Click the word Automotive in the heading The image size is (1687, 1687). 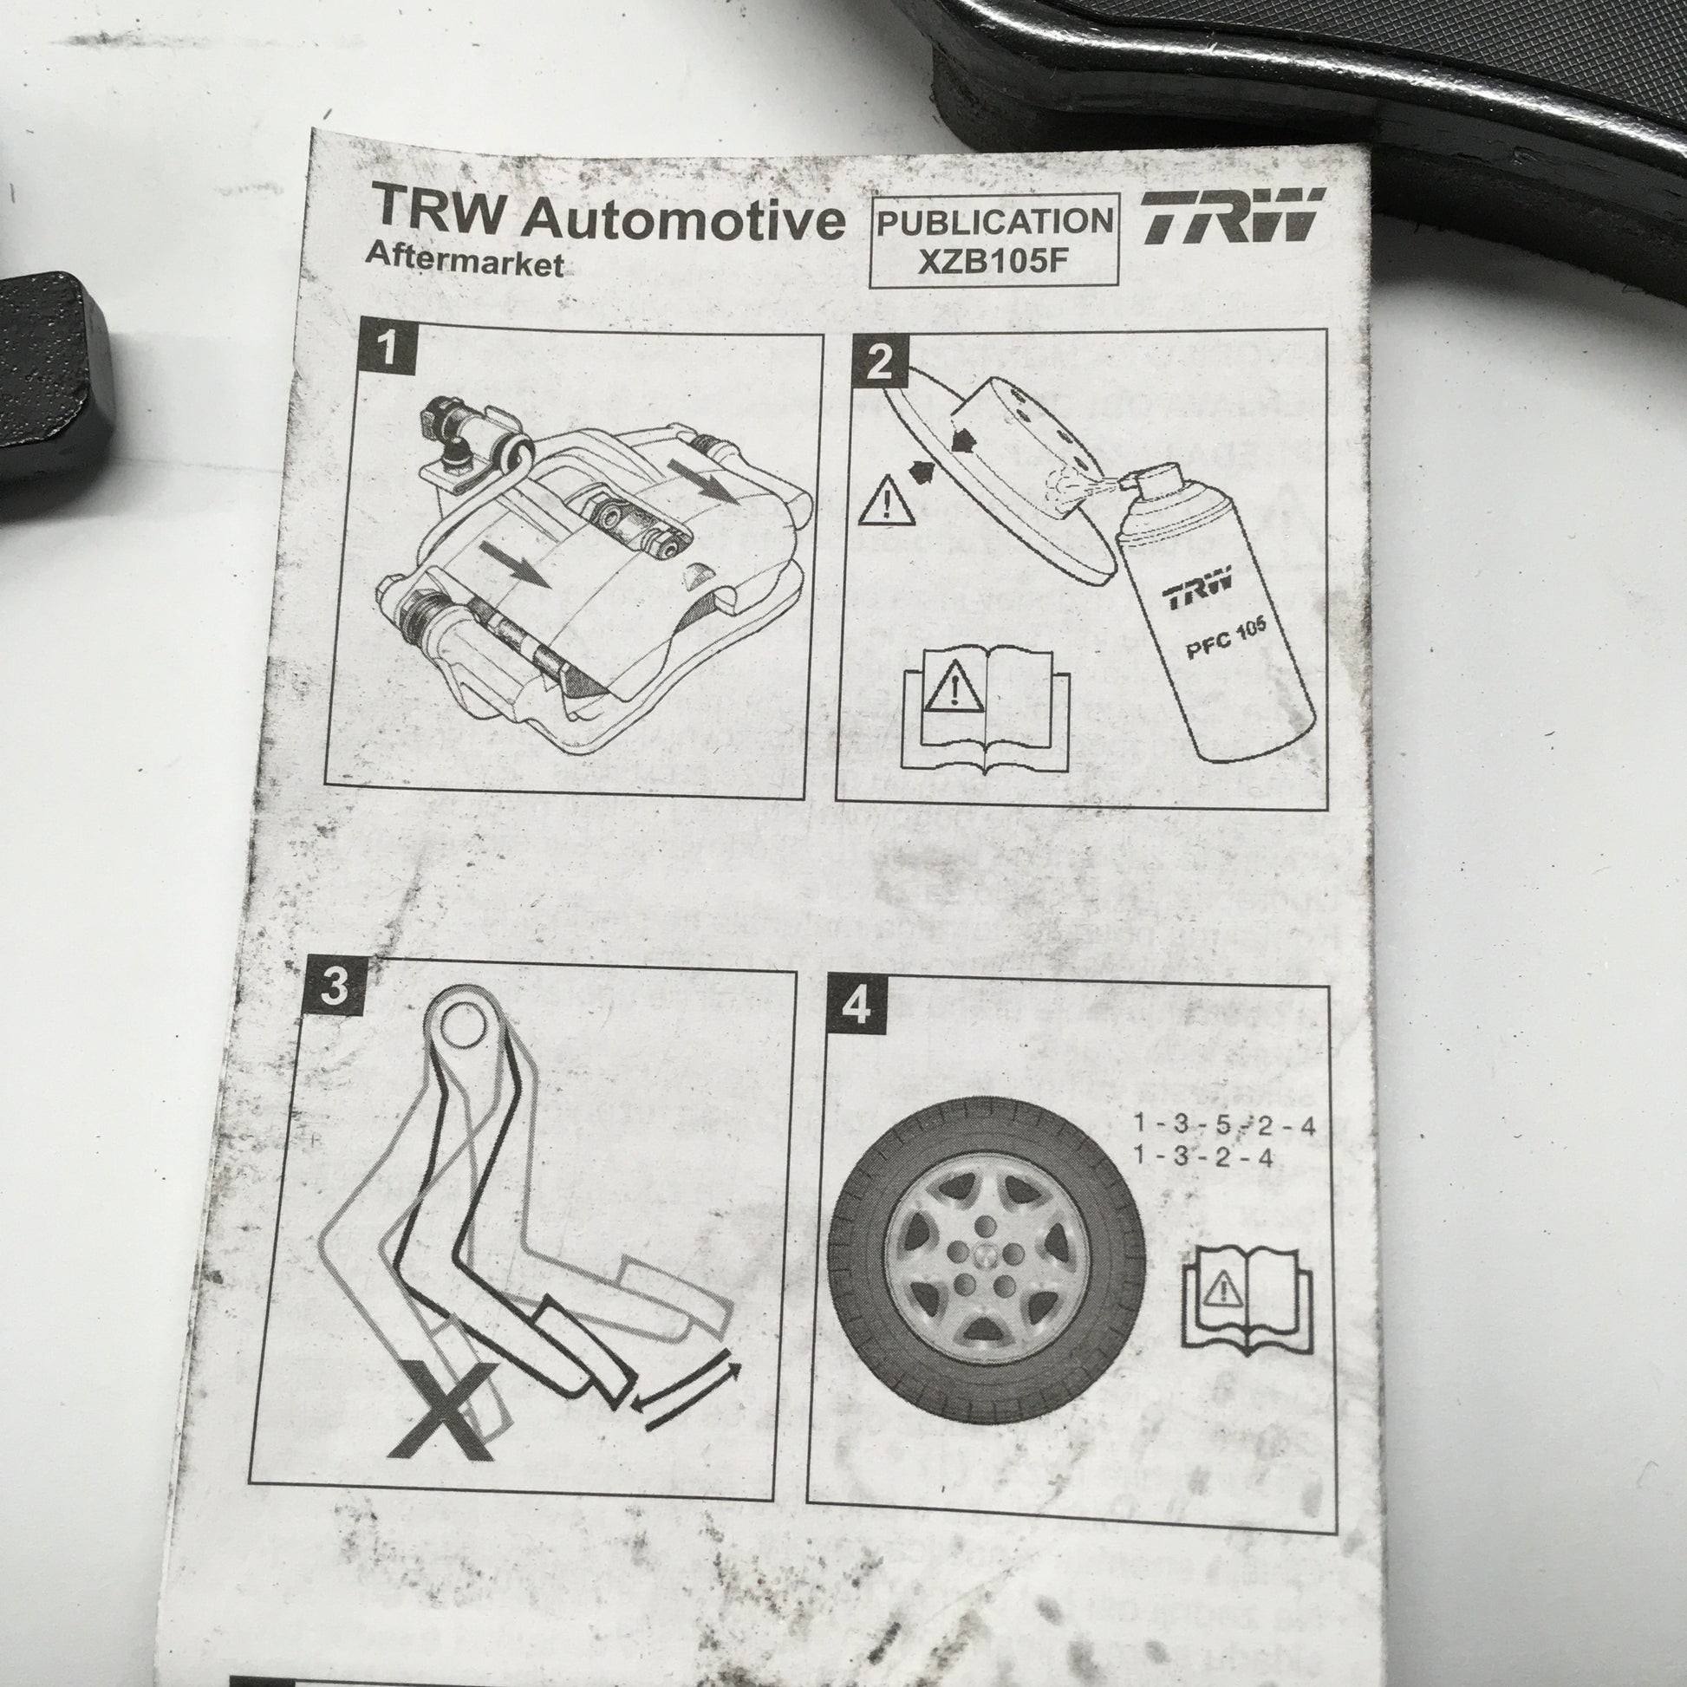click(x=683, y=220)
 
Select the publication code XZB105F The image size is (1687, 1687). click(x=993, y=260)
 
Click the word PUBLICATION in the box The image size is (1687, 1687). click(x=995, y=222)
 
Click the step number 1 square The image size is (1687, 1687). click(x=387, y=348)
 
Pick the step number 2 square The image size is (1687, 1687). click(x=880, y=361)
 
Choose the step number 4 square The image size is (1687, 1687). click(x=856, y=1006)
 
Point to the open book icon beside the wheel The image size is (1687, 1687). click(x=1246, y=1300)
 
